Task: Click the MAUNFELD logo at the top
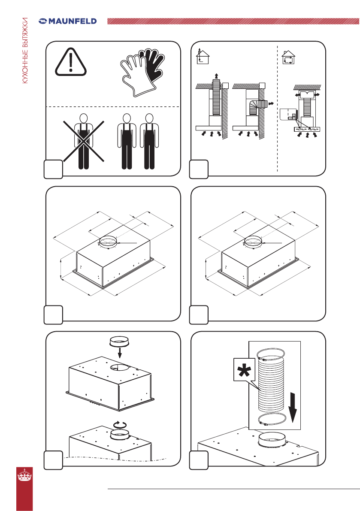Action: coord(67,21)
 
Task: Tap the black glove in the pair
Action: coord(152,66)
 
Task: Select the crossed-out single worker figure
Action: coord(84,141)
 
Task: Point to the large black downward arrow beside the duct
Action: coord(293,407)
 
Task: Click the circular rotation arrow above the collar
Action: coord(119,425)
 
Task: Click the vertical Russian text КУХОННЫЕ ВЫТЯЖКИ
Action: coord(25,51)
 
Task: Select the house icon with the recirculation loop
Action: coord(288,57)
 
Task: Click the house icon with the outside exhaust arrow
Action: coord(203,56)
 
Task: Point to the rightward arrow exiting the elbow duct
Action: coord(270,104)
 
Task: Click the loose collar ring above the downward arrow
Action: coord(120,342)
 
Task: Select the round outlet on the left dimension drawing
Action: coord(108,242)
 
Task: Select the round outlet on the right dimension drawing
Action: coord(253,242)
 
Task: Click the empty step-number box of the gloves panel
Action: coord(54,169)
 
